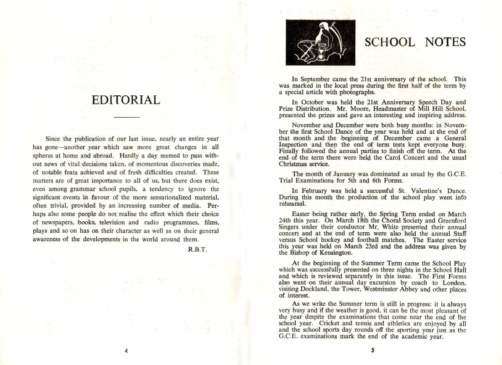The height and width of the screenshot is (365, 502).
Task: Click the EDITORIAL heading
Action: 126,100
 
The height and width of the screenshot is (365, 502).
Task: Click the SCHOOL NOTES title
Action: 415,42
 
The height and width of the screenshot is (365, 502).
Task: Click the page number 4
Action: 125,351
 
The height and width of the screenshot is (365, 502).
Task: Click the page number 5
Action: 372,351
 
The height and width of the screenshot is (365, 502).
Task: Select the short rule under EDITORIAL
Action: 126,118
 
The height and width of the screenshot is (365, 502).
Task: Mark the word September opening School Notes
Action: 318,79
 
